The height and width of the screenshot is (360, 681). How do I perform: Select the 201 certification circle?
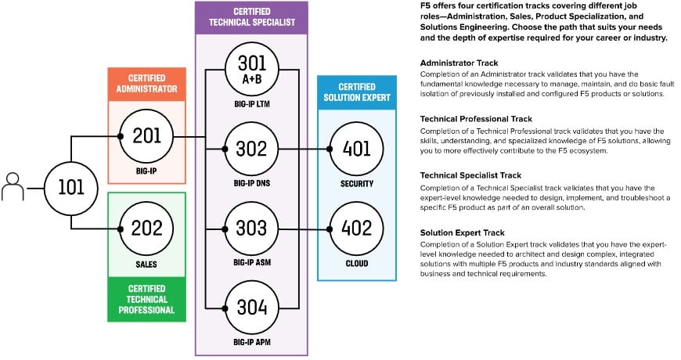coord(146,136)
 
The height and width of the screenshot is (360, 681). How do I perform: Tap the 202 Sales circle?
coord(146,229)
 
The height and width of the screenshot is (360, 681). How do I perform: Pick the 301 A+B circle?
coord(251,70)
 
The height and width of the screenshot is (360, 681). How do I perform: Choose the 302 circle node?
coord(251,147)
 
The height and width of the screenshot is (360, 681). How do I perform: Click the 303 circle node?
coord(251,229)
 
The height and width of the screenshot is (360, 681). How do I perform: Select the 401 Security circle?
coord(357,147)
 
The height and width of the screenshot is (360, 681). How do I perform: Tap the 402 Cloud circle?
coord(357,229)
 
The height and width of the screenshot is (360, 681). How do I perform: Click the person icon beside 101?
coord(13,189)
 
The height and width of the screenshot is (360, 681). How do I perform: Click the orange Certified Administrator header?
coord(146,85)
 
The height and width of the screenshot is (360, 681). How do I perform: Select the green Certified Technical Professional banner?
coord(146,299)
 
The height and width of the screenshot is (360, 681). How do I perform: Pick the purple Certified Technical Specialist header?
coord(250,16)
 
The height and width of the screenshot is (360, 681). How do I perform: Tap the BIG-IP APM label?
coord(251,342)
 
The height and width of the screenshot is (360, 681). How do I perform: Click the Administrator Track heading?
coord(459,62)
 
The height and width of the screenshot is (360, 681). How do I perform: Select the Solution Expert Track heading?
coord(462,232)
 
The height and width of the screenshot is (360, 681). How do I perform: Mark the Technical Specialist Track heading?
coord(470,175)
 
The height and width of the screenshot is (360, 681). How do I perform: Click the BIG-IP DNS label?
coord(251,183)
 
